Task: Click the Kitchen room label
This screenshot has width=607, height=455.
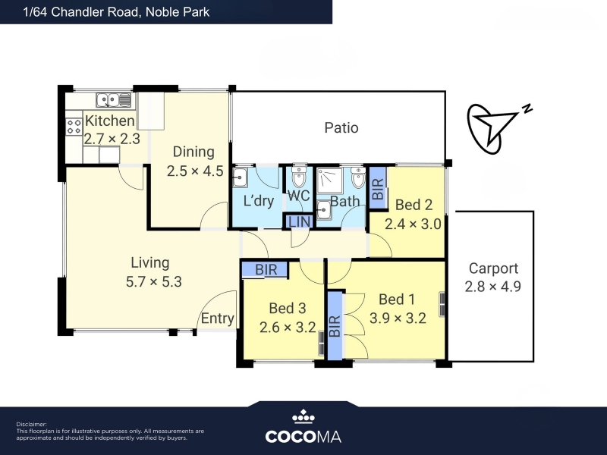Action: click(109, 121)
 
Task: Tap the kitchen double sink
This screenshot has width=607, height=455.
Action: click(114, 100)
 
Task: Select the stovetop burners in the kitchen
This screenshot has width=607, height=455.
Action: click(74, 127)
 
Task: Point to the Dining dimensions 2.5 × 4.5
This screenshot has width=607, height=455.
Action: click(195, 171)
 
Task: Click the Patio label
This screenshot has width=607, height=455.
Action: click(341, 127)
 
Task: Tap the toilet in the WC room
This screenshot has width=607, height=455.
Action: click(298, 177)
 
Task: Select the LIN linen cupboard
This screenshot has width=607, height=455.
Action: click(298, 221)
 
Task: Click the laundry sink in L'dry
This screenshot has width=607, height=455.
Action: click(240, 178)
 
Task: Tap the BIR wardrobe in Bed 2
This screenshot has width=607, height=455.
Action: click(378, 188)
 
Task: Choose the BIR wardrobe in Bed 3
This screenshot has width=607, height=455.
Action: click(265, 270)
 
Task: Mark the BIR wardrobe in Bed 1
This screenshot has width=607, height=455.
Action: click(335, 325)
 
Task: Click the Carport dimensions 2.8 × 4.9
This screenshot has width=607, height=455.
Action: click(492, 287)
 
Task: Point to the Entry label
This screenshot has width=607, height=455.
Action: click(217, 318)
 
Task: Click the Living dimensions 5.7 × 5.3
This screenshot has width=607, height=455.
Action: click(154, 281)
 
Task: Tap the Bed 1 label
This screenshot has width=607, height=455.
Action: click(397, 299)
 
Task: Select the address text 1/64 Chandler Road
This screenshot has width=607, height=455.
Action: click(80, 12)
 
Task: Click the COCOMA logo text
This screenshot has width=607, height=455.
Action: click(303, 437)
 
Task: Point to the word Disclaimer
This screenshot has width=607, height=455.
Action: click(31, 425)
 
